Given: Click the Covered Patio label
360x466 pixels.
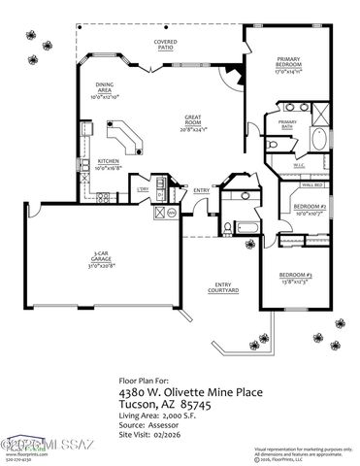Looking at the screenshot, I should (164, 45).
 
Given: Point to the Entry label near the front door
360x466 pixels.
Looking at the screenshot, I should (202, 190).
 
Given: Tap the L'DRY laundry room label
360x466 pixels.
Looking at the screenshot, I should (142, 189).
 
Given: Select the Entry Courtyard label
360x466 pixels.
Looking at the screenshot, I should (222, 287).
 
